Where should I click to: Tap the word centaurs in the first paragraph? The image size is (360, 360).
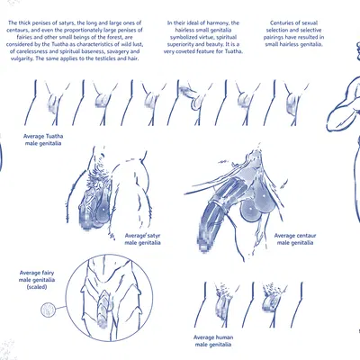[x=18, y=31]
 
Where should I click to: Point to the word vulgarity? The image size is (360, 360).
[x=22, y=58]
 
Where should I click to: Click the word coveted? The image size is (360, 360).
[x=189, y=51]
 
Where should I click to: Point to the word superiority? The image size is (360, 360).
[x=180, y=45]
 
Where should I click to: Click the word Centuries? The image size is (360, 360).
[x=281, y=23]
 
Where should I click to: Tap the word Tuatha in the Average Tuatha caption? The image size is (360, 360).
[x=54, y=136]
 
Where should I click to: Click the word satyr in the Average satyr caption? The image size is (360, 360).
[x=146, y=236]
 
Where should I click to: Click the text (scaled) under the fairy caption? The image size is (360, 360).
[x=37, y=287]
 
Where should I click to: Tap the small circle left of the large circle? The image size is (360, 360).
[x=49, y=310]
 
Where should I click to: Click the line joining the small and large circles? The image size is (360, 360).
[x=61, y=308]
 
